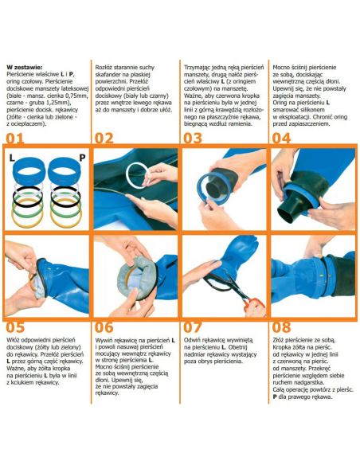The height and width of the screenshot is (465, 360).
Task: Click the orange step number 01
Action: click(x=15, y=139)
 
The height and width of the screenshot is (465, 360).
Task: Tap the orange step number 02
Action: click(x=104, y=139)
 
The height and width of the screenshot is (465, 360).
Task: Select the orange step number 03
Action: click(x=193, y=139)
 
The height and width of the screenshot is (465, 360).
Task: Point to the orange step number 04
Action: click(x=281, y=139)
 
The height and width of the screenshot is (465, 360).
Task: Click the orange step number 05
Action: click(x=15, y=327)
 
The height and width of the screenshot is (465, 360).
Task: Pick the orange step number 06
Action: click(x=104, y=327)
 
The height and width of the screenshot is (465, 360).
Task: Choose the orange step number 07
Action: click(x=193, y=327)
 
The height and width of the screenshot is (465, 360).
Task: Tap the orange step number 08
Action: click(x=281, y=327)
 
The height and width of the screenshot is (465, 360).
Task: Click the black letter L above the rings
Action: click(x=12, y=158)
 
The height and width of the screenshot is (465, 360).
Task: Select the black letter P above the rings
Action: click(x=82, y=158)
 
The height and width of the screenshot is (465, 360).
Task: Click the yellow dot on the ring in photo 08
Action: click(x=321, y=275)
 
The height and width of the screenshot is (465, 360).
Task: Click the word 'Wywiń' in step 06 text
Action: click(x=104, y=340)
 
